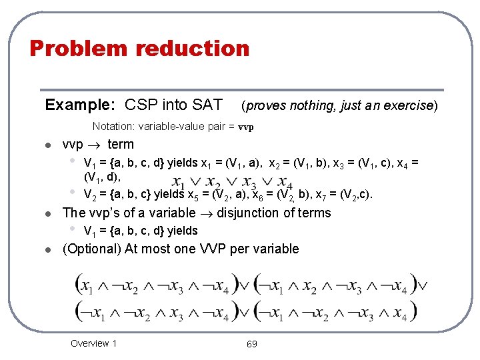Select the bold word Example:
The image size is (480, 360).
point(80,105)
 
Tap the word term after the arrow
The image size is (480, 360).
point(120,144)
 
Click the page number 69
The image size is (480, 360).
point(252,344)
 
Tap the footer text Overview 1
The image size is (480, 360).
point(94,343)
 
